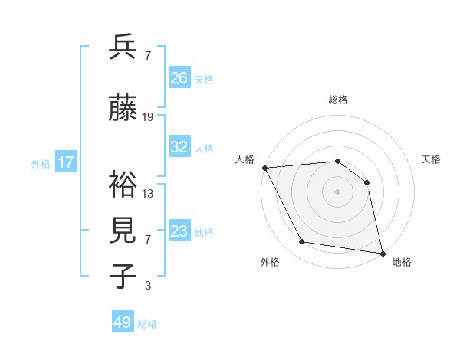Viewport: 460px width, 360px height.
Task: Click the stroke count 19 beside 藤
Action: tap(148, 117)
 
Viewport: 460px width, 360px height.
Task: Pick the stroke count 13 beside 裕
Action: tap(148, 193)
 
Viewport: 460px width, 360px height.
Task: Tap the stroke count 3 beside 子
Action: tap(148, 286)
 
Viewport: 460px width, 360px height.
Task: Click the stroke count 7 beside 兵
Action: tap(148, 56)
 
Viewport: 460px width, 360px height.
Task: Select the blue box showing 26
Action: tap(179, 78)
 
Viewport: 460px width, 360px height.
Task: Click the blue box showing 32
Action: tap(179, 147)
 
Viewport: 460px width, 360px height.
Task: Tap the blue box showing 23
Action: tap(179, 231)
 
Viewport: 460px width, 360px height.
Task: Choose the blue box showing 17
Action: tap(66, 162)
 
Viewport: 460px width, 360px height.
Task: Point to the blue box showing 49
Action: tap(123, 322)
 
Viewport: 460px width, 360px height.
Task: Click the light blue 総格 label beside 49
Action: tap(147, 324)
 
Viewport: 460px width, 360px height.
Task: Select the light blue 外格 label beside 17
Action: tap(41, 164)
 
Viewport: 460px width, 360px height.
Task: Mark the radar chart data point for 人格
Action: tap(264, 168)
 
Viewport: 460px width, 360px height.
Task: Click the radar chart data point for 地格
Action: tap(382, 252)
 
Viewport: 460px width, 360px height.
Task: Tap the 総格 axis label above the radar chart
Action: tap(337, 100)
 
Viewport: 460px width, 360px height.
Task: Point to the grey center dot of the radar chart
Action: tap(337, 191)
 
